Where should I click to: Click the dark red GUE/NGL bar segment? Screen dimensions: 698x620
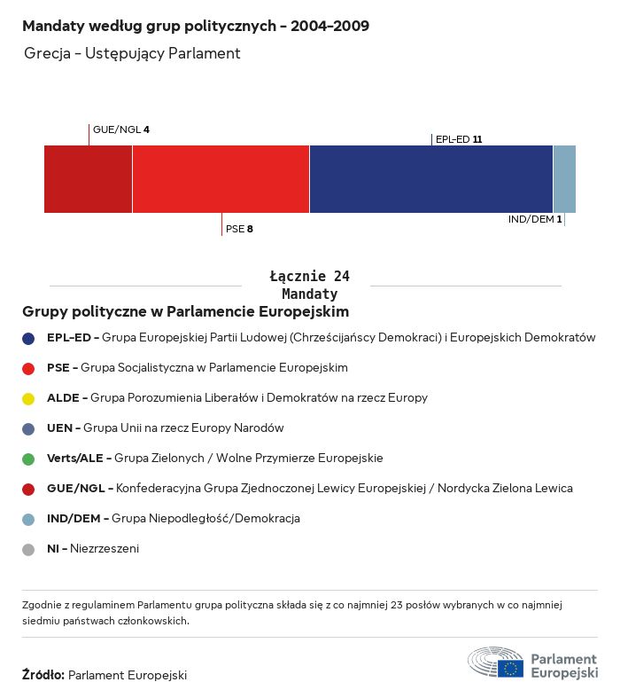[x=88, y=179]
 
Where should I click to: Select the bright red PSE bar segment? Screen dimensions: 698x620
[x=221, y=179]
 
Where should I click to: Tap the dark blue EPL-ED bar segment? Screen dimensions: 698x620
[x=430, y=179]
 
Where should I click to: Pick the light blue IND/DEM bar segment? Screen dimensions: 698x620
[x=564, y=179]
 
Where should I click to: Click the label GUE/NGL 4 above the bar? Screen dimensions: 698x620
[x=120, y=129]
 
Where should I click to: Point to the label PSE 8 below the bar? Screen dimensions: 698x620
[x=239, y=229]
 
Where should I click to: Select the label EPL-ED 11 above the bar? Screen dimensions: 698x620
[x=459, y=139]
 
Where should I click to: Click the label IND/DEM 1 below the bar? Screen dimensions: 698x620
[x=535, y=219]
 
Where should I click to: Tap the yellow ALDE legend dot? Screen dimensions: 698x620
[x=28, y=398]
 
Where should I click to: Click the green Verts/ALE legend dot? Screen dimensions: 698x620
[x=28, y=459]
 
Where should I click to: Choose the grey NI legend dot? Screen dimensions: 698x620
[x=28, y=549]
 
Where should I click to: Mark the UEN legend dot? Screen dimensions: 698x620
[x=28, y=428]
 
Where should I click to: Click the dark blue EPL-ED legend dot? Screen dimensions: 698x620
[x=28, y=338]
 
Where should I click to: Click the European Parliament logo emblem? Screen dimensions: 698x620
[x=495, y=663]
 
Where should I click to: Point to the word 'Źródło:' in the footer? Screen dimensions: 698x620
[x=43, y=675]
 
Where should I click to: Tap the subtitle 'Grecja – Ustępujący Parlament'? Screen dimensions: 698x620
[x=132, y=54]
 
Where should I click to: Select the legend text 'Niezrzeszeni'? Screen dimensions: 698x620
[x=105, y=549]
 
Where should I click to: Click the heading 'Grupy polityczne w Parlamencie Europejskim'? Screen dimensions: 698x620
[x=185, y=312]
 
